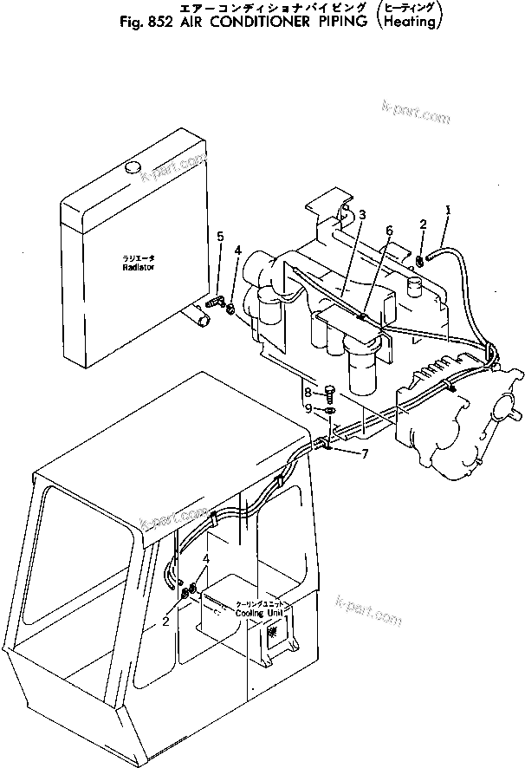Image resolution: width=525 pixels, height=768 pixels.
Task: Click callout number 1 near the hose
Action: click(x=448, y=209)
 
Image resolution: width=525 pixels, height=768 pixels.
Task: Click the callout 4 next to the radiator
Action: click(x=237, y=252)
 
